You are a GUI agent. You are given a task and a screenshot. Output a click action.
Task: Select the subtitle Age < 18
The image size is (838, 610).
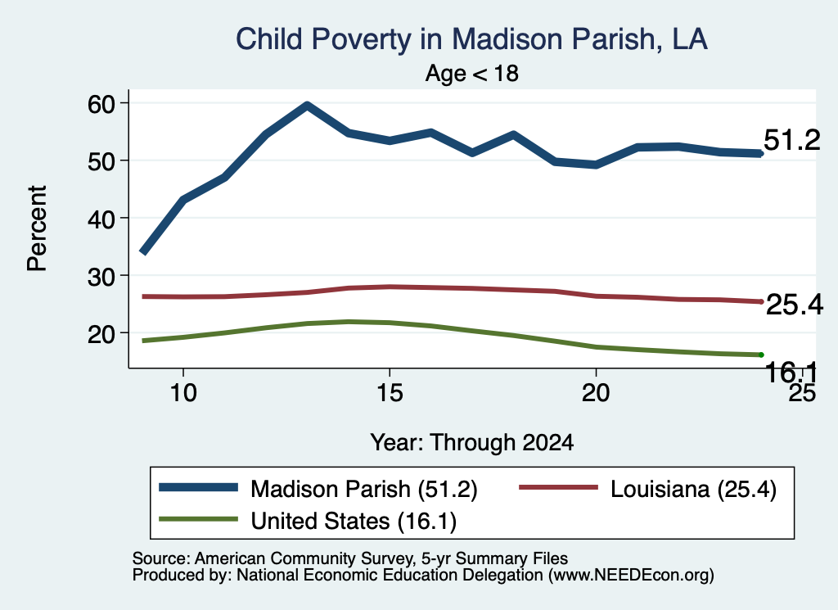[x=472, y=73]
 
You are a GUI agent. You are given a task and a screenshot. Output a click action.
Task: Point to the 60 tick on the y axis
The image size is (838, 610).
[x=101, y=103]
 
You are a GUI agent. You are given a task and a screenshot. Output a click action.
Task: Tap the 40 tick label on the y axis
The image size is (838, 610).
[x=101, y=218]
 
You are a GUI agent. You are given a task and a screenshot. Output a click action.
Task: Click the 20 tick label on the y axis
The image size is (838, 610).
[x=101, y=333]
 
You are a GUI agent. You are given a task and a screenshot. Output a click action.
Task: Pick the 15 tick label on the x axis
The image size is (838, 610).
[x=390, y=393]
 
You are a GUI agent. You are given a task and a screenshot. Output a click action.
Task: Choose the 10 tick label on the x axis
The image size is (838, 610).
[x=183, y=393]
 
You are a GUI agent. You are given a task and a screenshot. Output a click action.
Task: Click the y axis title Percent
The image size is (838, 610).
[x=37, y=228]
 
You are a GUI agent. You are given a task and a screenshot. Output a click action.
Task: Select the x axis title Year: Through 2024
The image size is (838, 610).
[x=472, y=443]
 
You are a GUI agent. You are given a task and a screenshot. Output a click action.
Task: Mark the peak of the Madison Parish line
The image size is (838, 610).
[x=308, y=106]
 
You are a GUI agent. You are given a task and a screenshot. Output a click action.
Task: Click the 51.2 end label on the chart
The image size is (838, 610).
[x=791, y=140]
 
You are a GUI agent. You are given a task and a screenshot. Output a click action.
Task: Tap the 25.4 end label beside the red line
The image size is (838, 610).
[x=795, y=305]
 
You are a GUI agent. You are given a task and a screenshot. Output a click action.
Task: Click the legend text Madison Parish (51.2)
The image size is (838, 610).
[x=364, y=489]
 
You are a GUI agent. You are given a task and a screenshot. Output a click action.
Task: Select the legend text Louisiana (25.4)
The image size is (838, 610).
[x=693, y=489]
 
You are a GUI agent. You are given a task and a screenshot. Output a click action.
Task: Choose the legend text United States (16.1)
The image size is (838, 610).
[x=354, y=522]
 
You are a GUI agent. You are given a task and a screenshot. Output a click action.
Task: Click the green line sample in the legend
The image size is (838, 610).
[x=198, y=519]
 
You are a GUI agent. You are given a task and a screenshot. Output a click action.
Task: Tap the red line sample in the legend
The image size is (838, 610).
[x=558, y=487]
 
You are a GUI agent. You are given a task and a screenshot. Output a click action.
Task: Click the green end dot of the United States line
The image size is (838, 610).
[x=761, y=355]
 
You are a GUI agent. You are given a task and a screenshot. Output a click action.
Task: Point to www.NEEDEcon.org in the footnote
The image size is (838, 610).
[x=631, y=575]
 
